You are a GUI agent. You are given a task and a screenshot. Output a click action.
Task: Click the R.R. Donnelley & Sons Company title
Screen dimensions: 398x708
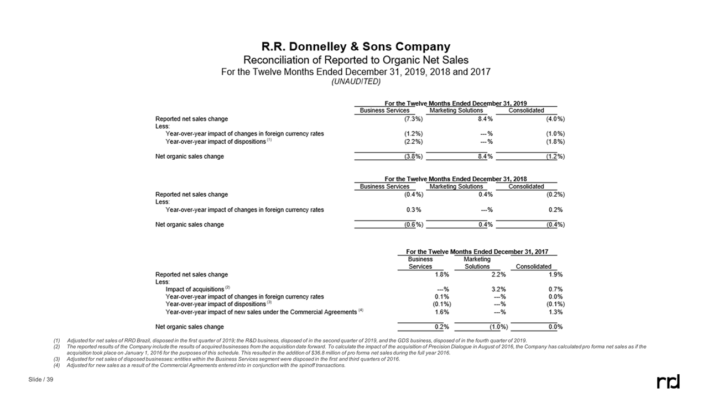[x=356, y=47]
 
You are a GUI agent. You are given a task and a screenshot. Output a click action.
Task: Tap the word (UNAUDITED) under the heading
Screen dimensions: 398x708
[x=356, y=82]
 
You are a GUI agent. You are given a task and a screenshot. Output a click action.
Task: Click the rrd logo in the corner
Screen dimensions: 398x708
[x=668, y=381]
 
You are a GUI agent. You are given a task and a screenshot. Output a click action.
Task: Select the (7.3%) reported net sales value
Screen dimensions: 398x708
[x=414, y=119]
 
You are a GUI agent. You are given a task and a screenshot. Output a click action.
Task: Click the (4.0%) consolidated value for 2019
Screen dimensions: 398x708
[x=555, y=119]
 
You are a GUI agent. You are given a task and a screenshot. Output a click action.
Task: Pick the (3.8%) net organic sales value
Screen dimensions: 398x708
[x=414, y=156]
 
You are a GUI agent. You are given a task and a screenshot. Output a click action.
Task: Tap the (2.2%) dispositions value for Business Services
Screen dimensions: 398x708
[x=414, y=142]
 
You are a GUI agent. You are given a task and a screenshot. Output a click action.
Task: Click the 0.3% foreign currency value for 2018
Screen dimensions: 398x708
[x=415, y=210]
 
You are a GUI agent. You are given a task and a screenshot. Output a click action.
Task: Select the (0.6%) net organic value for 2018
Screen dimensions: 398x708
[x=414, y=224]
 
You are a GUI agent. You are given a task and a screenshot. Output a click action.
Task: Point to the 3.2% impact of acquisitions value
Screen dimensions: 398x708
[x=498, y=289]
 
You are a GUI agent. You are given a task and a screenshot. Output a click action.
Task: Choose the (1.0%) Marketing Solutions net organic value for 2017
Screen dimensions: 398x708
[x=498, y=327]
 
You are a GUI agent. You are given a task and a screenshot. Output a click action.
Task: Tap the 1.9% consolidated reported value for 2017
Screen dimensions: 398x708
[x=555, y=274]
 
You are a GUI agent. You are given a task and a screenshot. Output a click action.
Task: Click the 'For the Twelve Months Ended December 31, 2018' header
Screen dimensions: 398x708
[x=456, y=179]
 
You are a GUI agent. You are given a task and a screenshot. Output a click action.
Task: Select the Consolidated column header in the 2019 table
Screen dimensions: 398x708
[x=526, y=111]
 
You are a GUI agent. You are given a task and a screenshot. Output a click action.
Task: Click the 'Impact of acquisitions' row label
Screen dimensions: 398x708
[x=195, y=289]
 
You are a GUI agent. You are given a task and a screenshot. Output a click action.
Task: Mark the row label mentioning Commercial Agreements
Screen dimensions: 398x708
[x=261, y=312]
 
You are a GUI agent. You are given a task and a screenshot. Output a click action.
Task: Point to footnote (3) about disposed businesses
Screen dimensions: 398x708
[x=232, y=359]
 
